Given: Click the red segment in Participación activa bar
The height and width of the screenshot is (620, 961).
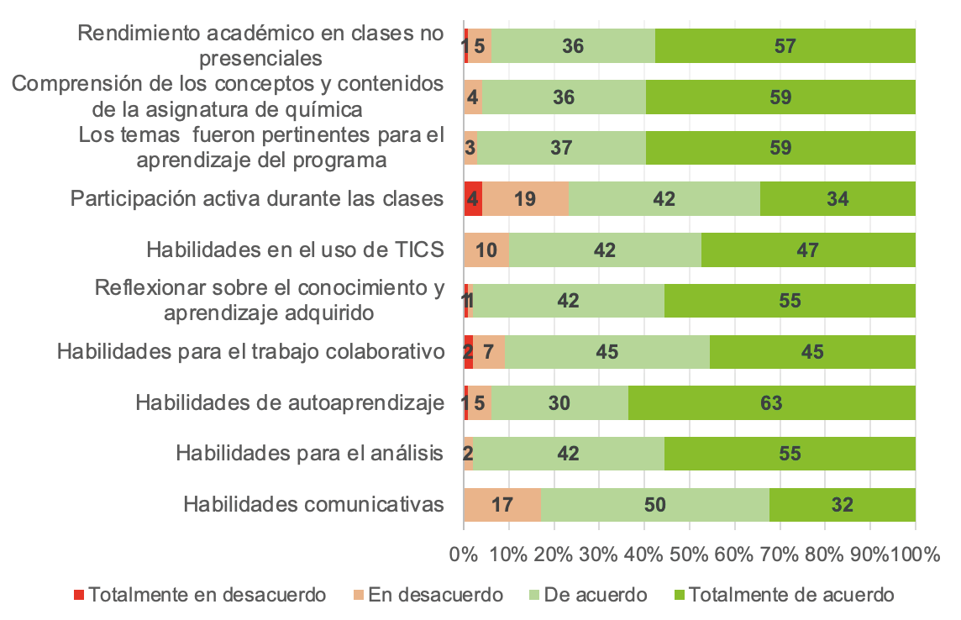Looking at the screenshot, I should pyautogui.click(x=473, y=199).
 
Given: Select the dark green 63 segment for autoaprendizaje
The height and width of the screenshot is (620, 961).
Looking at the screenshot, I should pyautogui.click(x=771, y=403).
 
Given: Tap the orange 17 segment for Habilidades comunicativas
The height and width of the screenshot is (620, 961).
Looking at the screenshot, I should pyautogui.click(x=502, y=505).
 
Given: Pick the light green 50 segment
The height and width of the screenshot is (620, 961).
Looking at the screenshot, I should pyautogui.click(x=654, y=505).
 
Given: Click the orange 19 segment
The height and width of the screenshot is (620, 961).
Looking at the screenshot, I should pyautogui.click(x=525, y=199).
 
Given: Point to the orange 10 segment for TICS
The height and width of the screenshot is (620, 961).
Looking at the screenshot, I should pyautogui.click(x=486, y=250).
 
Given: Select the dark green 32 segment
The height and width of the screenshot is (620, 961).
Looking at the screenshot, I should pyautogui.click(x=842, y=505).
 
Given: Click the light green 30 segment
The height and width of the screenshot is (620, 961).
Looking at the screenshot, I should pyautogui.click(x=559, y=403).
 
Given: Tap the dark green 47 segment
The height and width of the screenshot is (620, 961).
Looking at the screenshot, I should pyautogui.click(x=808, y=250).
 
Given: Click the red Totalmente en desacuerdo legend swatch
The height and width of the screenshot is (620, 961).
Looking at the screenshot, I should pyautogui.click(x=79, y=595).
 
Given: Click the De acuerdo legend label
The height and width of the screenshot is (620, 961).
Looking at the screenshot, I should pyautogui.click(x=596, y=595).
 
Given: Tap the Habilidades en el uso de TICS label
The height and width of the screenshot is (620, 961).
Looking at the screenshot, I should pyautogui.click(x=294, y=250).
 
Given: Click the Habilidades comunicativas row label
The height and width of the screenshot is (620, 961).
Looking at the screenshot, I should pyautogui.click(x=313, y=505).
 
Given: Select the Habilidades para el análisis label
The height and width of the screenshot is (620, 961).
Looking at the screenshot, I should pyautogui.click(x=309, y=454).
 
